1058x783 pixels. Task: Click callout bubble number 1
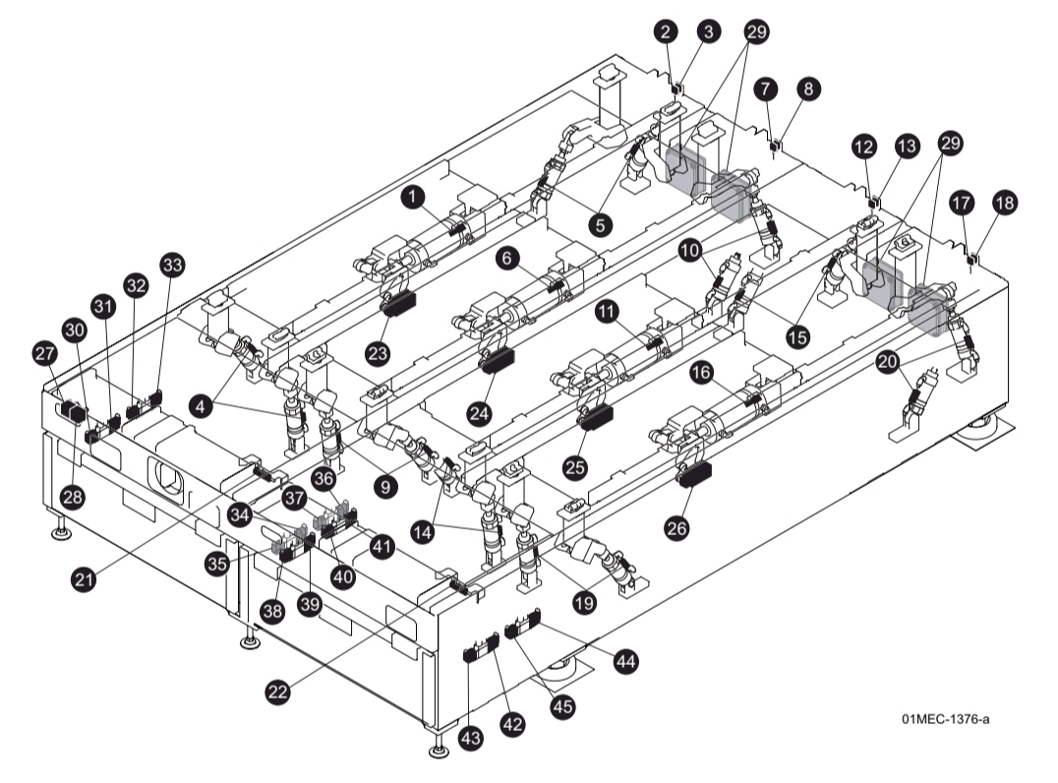click(x=415, y=198)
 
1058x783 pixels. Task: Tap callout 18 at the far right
click(x=1004, y=202)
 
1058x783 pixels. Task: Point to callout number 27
click(x=43, y=351)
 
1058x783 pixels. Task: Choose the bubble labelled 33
click(x=172, y=265)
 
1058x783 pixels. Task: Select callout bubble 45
click(x=562, y=705)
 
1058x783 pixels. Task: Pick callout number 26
click(x=676, y=527)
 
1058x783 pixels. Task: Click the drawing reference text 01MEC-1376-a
click(x=945, y=720)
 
